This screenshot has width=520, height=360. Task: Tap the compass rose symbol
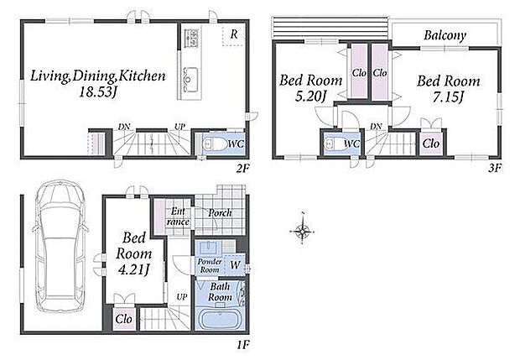(302, 230)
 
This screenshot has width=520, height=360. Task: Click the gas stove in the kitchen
(191, 38)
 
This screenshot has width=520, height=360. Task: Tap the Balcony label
(445, 35)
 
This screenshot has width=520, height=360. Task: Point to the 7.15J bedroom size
(449, 97)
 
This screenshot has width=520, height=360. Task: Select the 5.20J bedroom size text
(310, 97)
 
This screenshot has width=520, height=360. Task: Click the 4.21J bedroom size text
(133, 269)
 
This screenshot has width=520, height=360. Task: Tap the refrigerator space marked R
(233, 34)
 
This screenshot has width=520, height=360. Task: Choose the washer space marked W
(235, 264)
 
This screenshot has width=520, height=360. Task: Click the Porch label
(220, 212)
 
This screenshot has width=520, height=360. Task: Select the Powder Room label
(210, 265)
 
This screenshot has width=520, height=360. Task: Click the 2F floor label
(242, 169)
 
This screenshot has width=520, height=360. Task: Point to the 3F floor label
(494, 168)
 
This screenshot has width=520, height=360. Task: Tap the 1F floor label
(242, 345)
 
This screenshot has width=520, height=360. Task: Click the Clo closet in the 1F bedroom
(123, 319)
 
